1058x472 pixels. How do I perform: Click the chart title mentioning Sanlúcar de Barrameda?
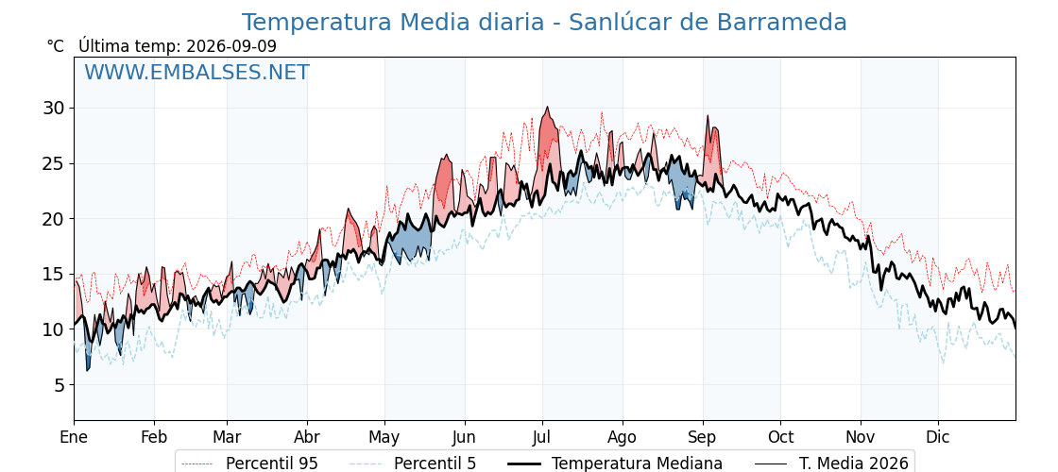(x=544, y=23)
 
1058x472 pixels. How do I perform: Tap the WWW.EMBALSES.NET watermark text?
(x=197, y=72)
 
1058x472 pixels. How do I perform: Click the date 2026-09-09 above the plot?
(x=231, y=46)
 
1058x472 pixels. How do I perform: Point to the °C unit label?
(x=56, y=46)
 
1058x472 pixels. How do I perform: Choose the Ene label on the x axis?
(x=74, y=437)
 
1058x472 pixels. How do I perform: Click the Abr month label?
(x=307, y=437)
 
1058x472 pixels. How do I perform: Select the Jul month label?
(x=542, y=437)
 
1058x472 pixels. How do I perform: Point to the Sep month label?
(x=703, y=437)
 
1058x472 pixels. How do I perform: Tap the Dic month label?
(x=938, y=437)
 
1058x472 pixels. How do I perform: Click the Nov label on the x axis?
(x=861, y=437)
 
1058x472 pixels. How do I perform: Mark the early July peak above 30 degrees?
(x=547, y=108)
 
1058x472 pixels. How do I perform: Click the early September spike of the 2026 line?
(x=708, y=116)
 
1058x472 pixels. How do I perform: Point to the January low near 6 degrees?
(x=87, y=369)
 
